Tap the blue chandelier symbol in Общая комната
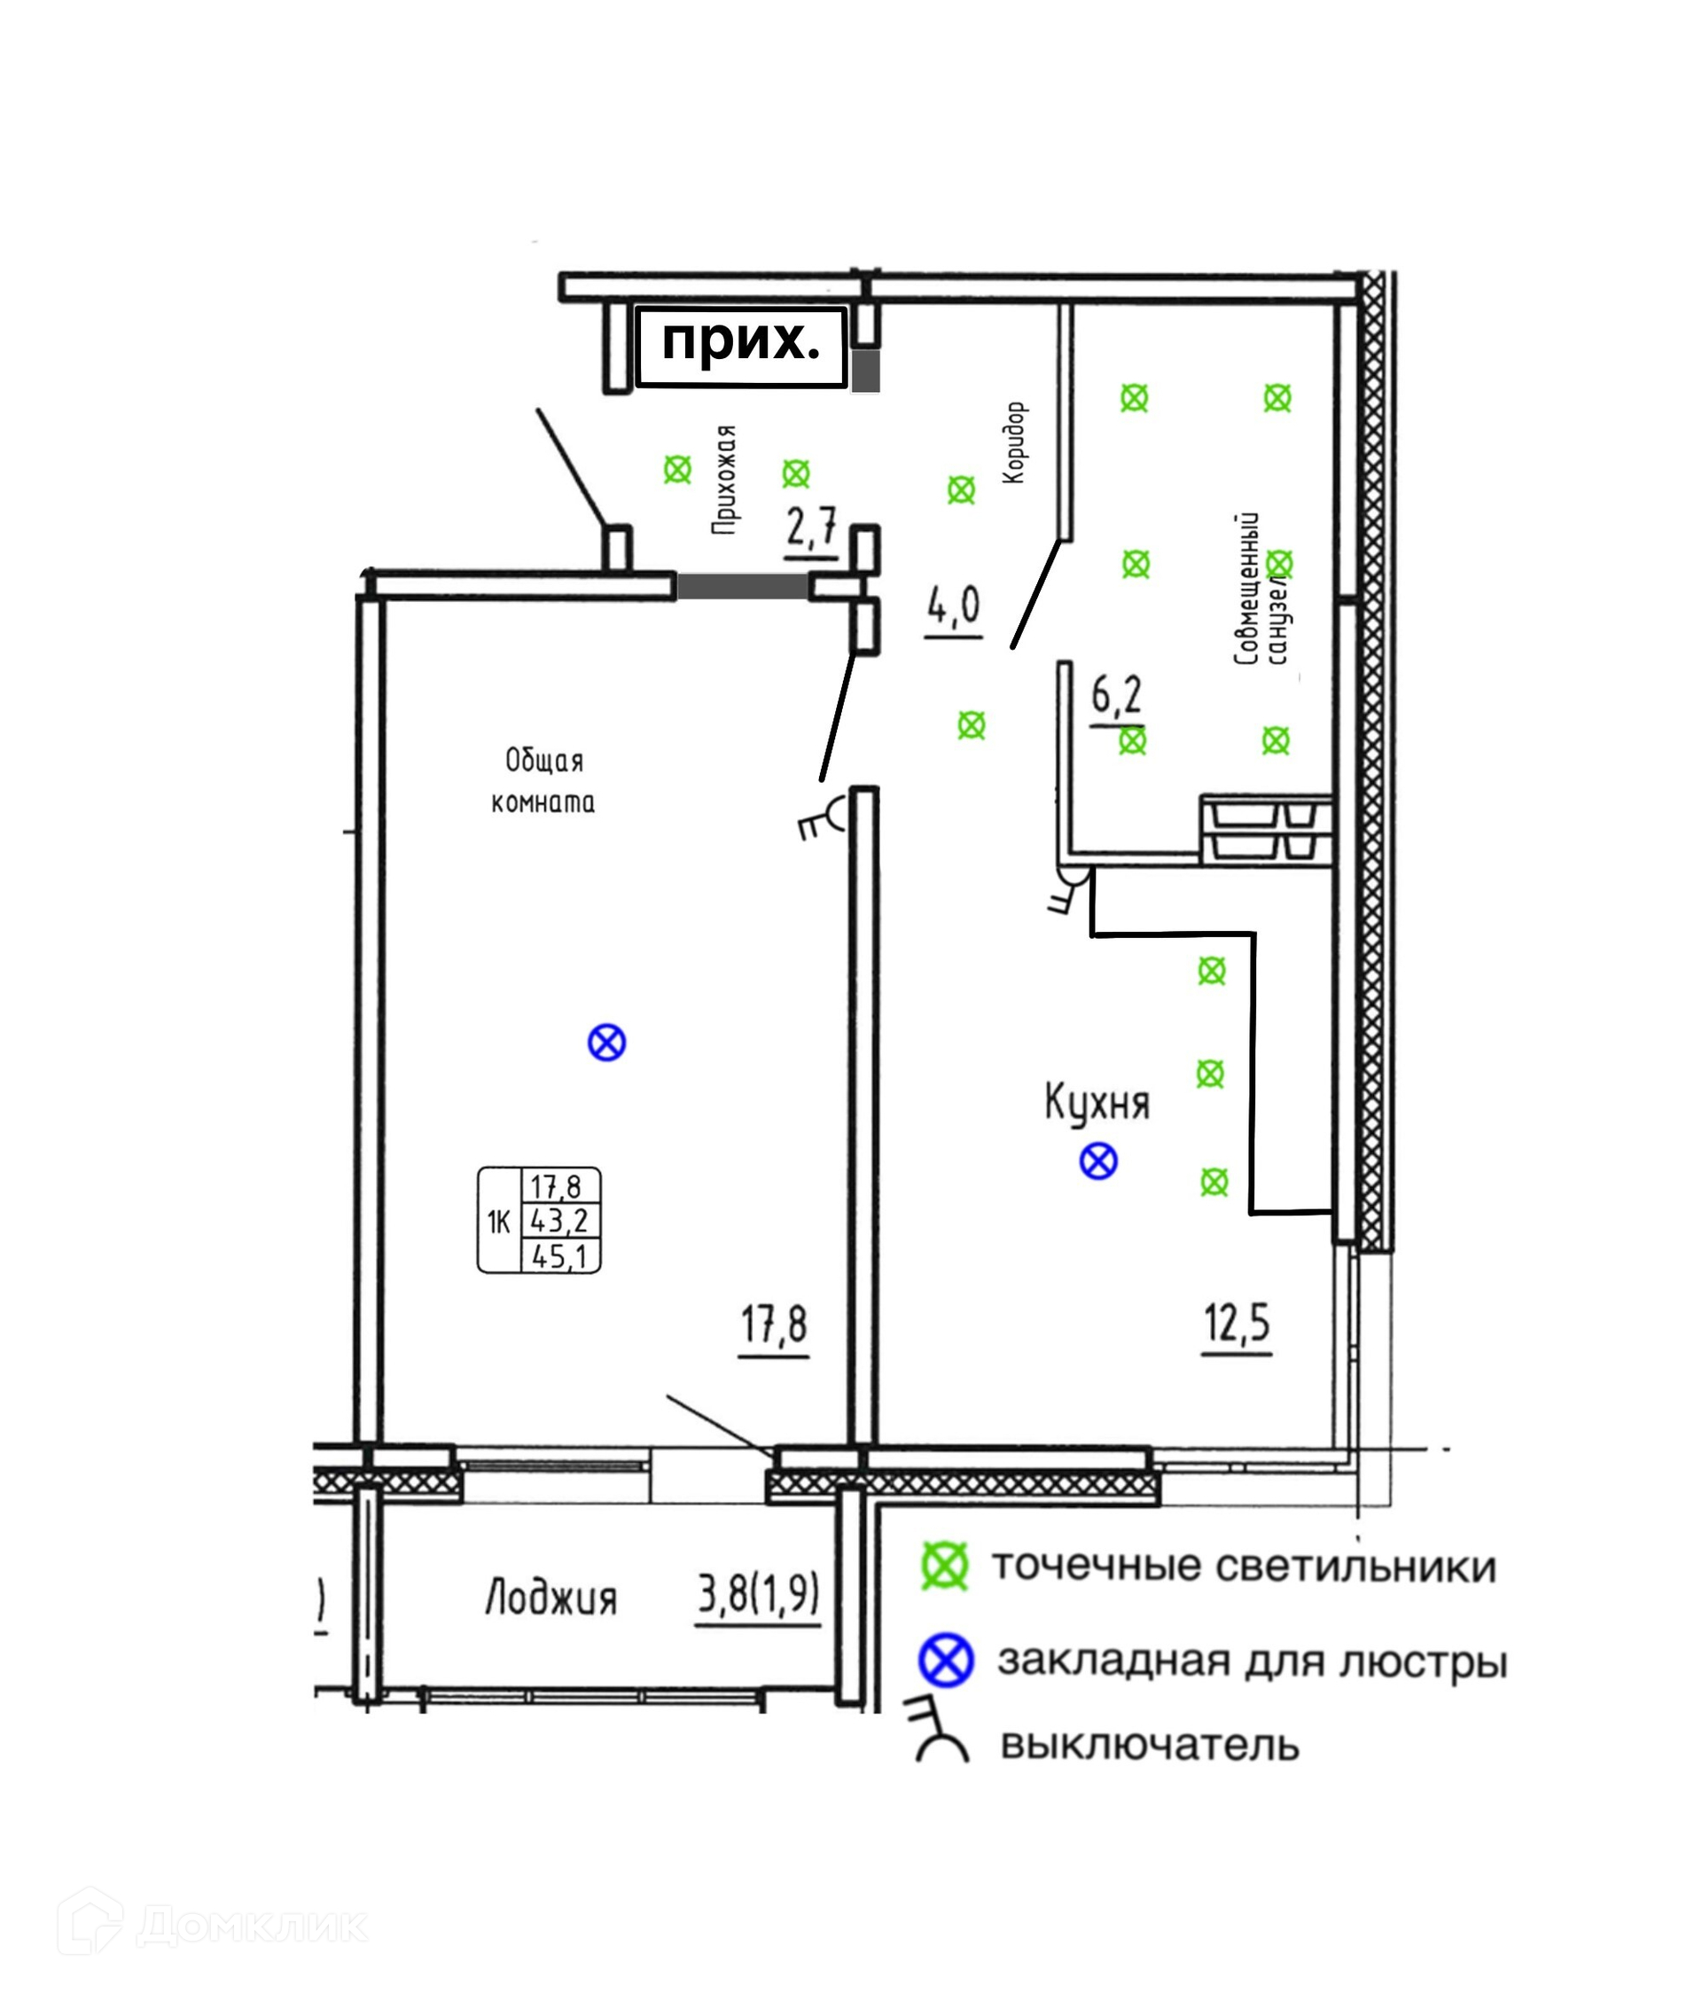coord(607,1042)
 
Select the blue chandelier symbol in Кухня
coord(1098,1161)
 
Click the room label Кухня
coord(1097,1104)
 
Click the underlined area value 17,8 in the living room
coord(773,1325)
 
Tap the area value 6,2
coord(1116,695)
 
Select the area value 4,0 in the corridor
coord(953,606)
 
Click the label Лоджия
coord(550,1598)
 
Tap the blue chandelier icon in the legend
coord(946,1661)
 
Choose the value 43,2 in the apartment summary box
coord(559,1221)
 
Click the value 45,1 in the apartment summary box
coord(559,1256)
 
